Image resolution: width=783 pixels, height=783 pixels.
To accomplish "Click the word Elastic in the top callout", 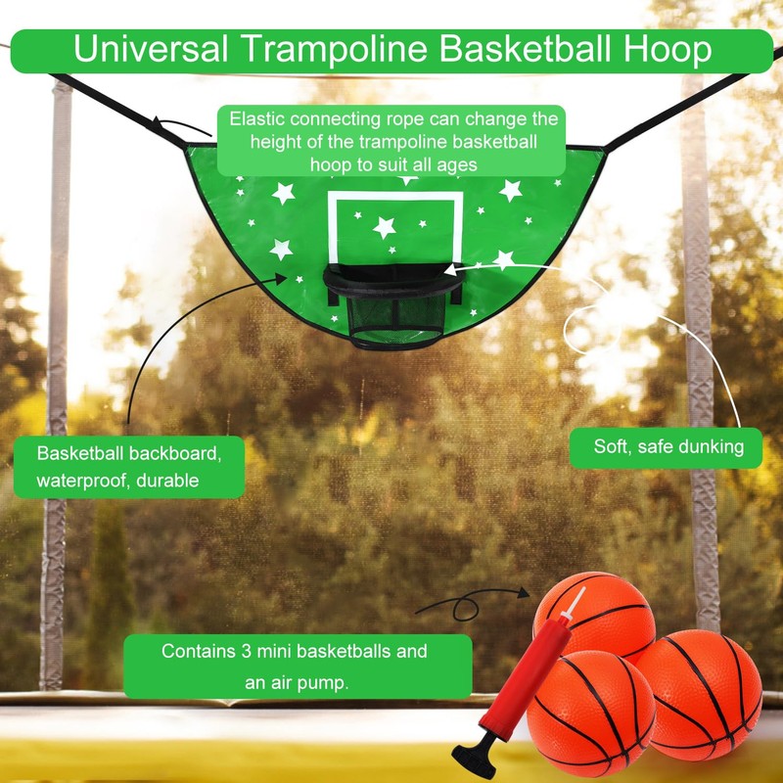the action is click(256, 120).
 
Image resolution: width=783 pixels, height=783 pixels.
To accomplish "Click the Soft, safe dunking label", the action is click(668, 447).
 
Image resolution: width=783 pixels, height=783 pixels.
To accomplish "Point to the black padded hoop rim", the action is click(391, 284).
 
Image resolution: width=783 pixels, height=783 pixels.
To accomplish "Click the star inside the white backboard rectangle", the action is click(385, 227).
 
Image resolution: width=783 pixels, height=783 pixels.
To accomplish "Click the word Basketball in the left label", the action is click(83, 454).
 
